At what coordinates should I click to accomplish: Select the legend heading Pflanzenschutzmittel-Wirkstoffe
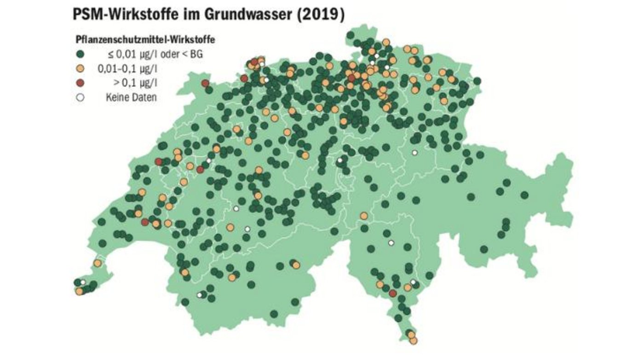click(x=145, y=40)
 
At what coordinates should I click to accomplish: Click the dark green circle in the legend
click(x=80, y=54)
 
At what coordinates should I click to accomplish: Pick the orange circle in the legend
click(x=80, y=69)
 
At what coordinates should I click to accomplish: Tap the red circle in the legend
click(x=80, y=83)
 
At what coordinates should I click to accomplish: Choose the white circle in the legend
click(x=80, y=97)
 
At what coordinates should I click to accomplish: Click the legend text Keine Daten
click(x=131, y=97)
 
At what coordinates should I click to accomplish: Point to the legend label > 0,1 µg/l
click(x=134, y=83)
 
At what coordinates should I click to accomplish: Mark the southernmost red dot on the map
click(x=392, y=293)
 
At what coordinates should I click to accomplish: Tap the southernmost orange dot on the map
click(x=413, y=340)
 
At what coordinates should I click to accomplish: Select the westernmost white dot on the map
click(x=83, y=282)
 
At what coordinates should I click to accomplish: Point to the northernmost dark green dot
click(x=351, y=35)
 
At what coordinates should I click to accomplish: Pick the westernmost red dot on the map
click(x=145, y=223)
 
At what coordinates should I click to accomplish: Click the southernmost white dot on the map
click(x=200, y=295)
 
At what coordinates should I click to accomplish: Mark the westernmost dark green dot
click(x=77, y=282)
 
